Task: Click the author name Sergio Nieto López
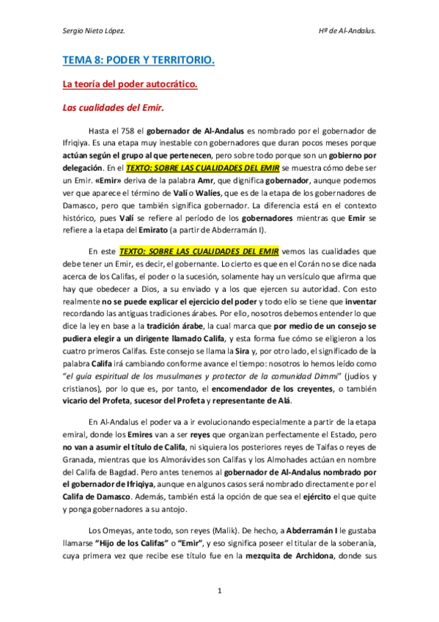(x=95, y=32)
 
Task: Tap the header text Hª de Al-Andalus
(x=347, y=32)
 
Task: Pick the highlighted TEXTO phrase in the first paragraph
(x=218, y=167)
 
